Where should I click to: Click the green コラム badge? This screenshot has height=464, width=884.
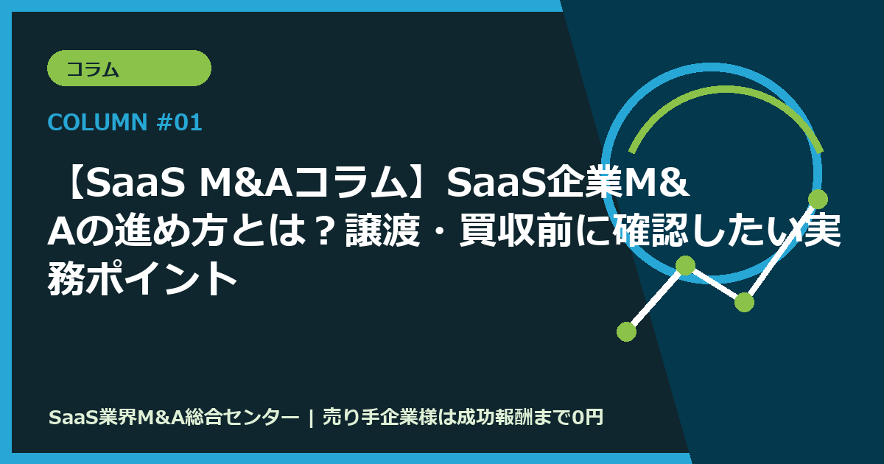[129, 68]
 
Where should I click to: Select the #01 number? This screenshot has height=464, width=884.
[180, 123]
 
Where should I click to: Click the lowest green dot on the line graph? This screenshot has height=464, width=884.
[626, 331]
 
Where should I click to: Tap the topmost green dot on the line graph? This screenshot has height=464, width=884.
[818, 199]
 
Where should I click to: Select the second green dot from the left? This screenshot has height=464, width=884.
[685, 266]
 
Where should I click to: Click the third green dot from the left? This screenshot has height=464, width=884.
[744, 302]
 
